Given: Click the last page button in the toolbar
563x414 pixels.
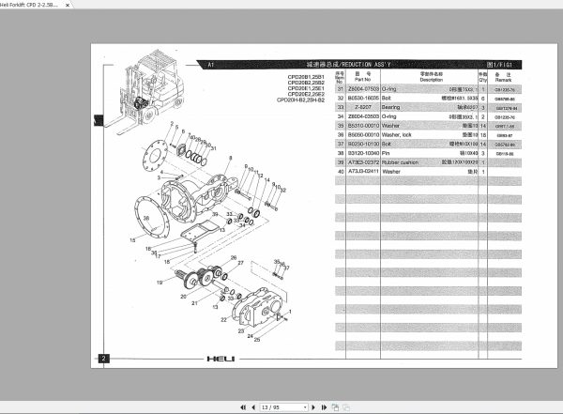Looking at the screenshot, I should [x=323, y=406].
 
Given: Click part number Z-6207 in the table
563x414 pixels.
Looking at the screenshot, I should [x=361, y=107].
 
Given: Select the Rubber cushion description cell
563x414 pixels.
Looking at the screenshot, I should [x=416, y=162].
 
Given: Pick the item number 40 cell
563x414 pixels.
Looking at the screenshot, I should [x=340, y=172].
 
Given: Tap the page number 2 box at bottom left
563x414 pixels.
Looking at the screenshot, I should [x=104, y=358].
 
